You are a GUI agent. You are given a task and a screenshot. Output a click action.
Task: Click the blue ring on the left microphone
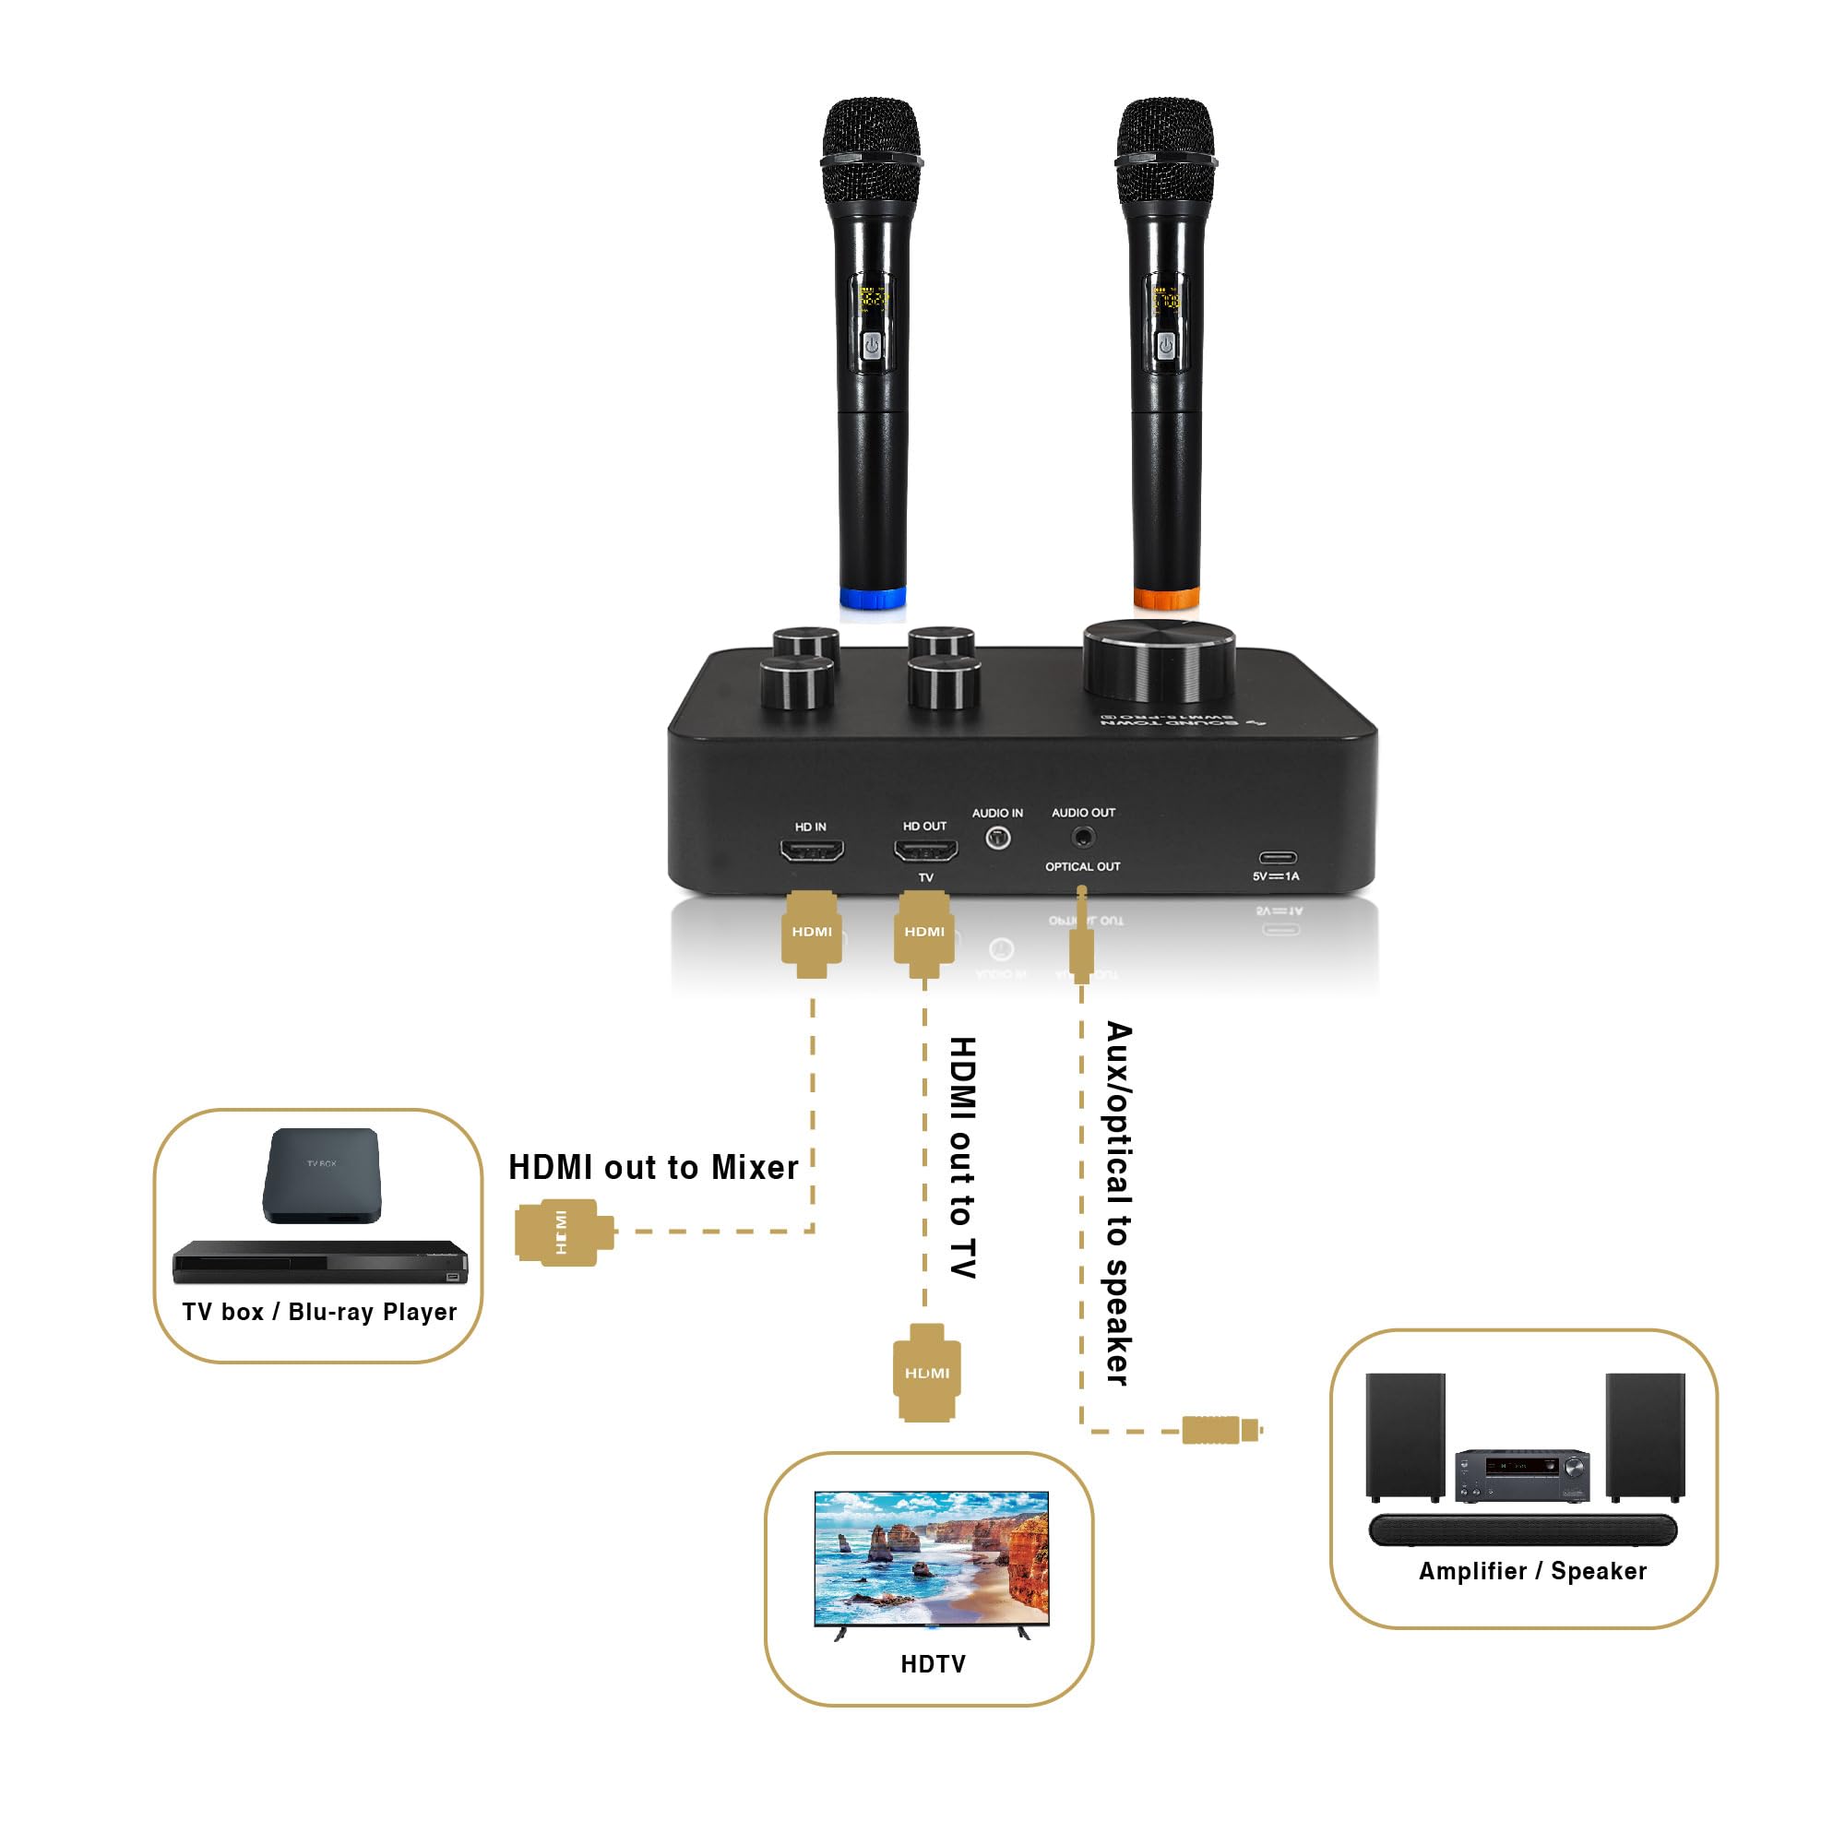[872, 599]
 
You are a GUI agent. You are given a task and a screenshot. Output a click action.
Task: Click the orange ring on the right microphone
[1166, 599]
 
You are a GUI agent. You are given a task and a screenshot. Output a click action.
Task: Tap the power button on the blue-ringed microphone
[872, 346]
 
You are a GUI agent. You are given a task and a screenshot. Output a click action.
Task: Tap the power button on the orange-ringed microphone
[1165, 346]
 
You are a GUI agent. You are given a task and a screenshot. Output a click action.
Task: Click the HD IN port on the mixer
[812, 849]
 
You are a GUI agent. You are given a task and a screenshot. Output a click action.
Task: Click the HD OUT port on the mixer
[924, 849]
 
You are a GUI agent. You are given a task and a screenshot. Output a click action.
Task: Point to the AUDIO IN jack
[997, 839]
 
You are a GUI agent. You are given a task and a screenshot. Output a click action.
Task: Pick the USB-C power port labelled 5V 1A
[1277, 858]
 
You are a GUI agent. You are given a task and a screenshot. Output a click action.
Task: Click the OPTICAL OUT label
[1082, 867]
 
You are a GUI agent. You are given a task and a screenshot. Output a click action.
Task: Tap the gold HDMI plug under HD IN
[812, 934]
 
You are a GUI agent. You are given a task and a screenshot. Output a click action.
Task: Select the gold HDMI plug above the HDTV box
[926, 1373]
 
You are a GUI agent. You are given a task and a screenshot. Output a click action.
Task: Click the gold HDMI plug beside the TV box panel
[564, 1232]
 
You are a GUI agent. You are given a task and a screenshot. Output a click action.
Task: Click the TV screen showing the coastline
[931, 1557]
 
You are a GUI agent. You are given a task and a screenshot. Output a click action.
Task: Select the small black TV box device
[322, 1174]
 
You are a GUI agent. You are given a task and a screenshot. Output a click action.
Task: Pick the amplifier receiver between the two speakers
[1522, 1475]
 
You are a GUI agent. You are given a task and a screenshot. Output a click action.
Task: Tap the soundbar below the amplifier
[1522, 1530]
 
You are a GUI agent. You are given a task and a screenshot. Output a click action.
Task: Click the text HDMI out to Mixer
[653, 1167]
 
